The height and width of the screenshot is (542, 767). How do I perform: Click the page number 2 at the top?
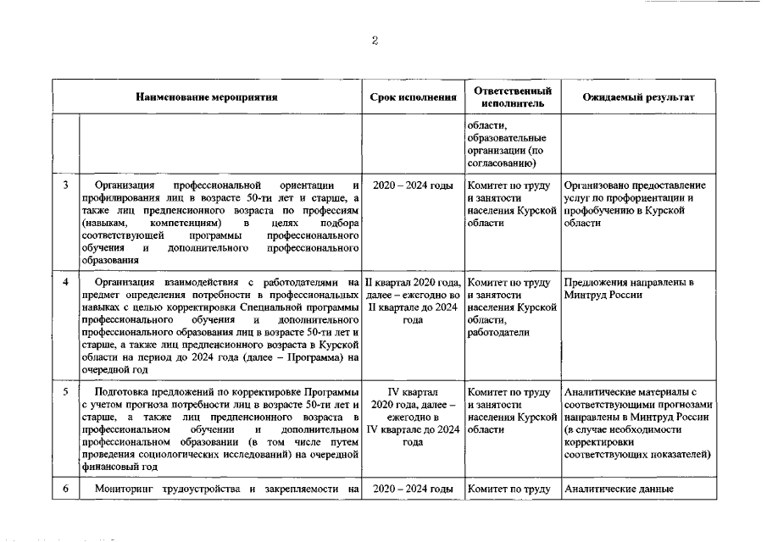coord(375,41)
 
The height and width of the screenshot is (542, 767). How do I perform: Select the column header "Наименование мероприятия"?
coord(208,97)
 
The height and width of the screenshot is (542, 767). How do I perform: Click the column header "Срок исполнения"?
coord(413,97)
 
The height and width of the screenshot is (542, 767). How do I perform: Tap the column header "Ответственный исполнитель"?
coord(513,97)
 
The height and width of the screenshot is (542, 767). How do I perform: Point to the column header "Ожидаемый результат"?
coord(639,97)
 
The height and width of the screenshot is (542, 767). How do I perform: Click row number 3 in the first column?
coord(66,185)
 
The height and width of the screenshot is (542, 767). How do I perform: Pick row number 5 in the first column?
coord(66,392)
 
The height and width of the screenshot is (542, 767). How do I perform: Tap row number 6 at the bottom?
coord(66,489)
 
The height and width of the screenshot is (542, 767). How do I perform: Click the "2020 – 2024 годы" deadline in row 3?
coord(413,185)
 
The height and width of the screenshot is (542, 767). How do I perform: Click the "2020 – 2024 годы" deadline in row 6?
coord(413,489)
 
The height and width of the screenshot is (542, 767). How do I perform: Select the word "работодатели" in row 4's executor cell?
coord(497,333)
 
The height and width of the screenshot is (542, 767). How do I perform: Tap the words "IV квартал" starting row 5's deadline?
coord(413,392)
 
